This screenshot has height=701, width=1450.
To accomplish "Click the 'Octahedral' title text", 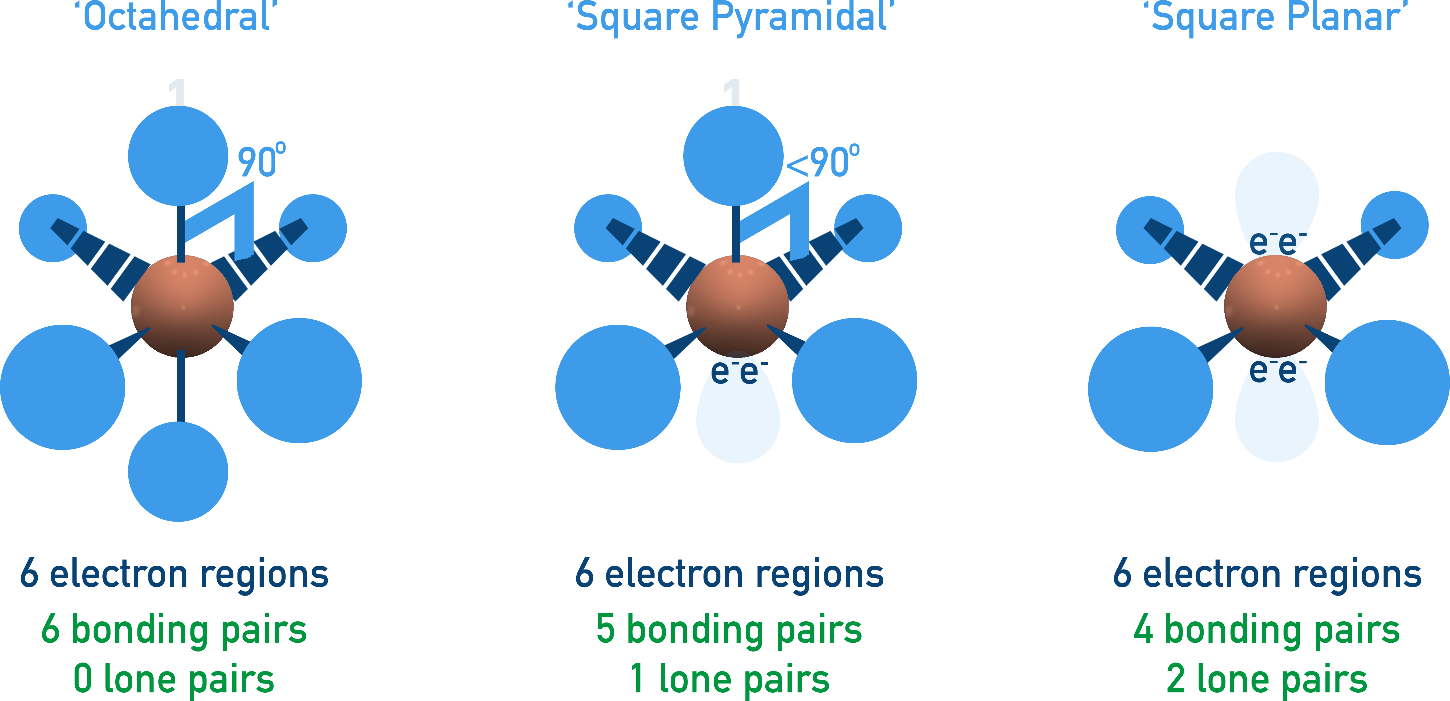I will [x=176, y=17].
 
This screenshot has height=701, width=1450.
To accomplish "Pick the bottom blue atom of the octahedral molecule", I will [x=178, y=471].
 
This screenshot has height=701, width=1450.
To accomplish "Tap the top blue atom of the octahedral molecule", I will [x=178, y=156].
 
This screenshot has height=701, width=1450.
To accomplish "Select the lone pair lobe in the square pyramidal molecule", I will [x=738, y=419].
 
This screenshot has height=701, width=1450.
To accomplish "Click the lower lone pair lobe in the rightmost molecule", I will [x=1277, y=419].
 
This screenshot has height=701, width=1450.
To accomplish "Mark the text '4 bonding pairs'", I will [x=1267, y=629].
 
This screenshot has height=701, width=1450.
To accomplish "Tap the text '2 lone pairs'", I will [x=1267, y=679].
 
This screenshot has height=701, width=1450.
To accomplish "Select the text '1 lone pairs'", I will [x=730, y=679].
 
